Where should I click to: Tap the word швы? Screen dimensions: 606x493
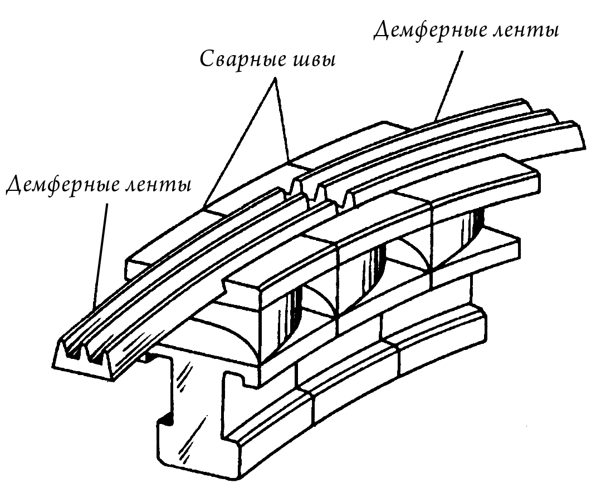[314, 61]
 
